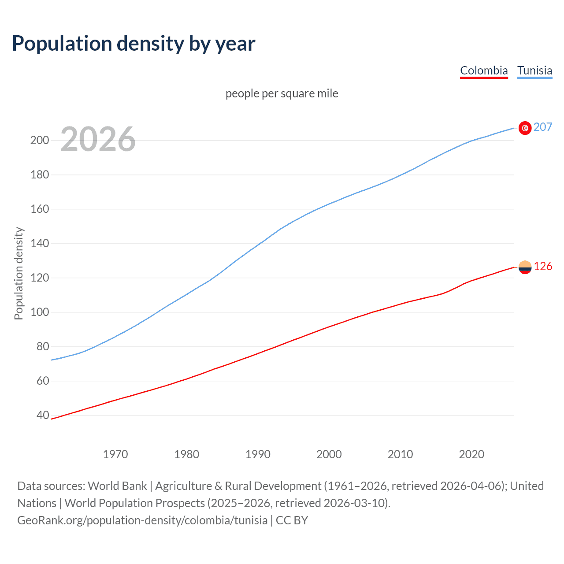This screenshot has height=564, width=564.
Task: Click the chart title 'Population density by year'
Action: click(x=134, y=44)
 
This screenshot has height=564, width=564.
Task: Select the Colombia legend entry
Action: click(x=484, y=70)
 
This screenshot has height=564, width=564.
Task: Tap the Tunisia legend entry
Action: click(x=534, y=70)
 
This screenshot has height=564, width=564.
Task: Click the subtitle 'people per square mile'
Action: click(x=282, y=94)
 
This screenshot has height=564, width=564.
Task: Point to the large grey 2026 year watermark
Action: click(x=98, y=140)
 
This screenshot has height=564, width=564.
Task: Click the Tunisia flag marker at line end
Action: click(x=525, y=128)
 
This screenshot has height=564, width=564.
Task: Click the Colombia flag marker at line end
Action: click(x=525, y=267)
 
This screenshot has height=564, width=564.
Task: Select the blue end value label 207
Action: click(x=542, y=127)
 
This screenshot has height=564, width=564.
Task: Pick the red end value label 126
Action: click(x=543, y=267)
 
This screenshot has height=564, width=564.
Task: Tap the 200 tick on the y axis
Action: click(x=39, y=141)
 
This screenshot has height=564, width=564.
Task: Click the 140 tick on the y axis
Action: click(x=39, y=244)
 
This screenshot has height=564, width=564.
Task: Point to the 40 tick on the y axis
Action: click(x=43, y=416)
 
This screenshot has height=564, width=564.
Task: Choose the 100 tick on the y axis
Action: click(x=39, y=312)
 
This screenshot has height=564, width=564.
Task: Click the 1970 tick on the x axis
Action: click(x=115, y=454)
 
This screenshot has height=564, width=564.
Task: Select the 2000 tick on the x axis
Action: click(x=329, y=454)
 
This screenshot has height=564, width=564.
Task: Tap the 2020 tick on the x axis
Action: click(x=471, y=454)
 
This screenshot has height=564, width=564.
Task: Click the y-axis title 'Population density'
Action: click(x=19, y=273)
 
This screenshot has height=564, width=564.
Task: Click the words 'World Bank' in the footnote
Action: click(x=117, y=486)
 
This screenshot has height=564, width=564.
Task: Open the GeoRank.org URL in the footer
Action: click(x=142, y=520)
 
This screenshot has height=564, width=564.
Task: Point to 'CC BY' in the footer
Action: click(x=292, y=520)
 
